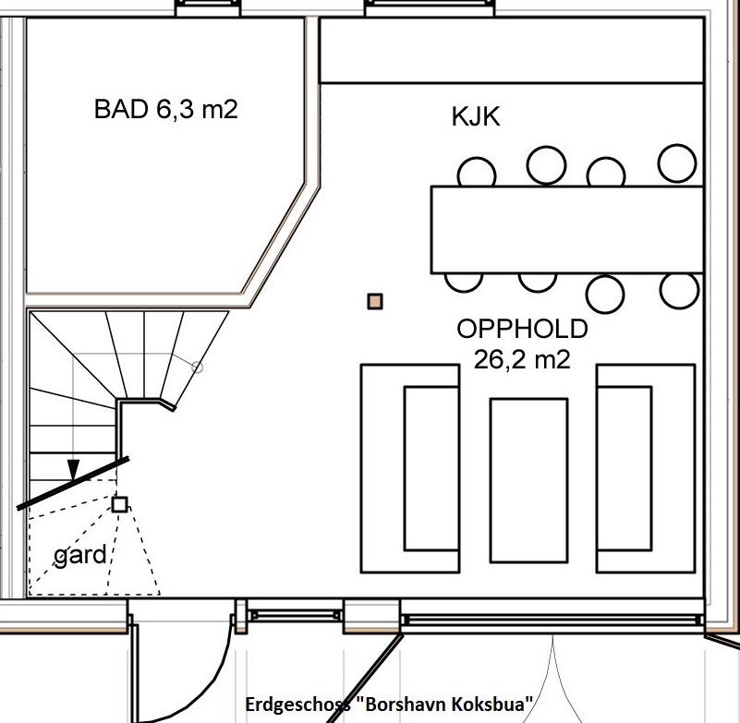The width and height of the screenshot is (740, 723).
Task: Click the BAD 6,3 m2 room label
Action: click(x=165, y=110)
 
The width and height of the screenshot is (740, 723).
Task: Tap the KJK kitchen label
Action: click(x=476, y=117)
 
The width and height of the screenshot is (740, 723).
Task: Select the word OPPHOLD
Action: click(x=522, y=330)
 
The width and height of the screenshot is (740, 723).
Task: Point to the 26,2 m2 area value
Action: click(x=522, y=360)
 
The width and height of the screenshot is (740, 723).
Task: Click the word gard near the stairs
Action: click(x=80, y=556)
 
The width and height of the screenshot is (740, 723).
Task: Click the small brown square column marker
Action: click(x=374, y=301)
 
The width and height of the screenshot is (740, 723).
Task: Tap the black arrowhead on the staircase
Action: click(x=74, y=468)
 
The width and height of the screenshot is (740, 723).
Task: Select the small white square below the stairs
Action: click(x=119, y=504)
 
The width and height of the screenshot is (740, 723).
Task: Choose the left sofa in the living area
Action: click(x=409, y=468)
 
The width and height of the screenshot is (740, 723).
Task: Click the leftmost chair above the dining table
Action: click(x=477, y=173)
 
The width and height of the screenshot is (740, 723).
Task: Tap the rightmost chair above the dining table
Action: click(x=677, y=163)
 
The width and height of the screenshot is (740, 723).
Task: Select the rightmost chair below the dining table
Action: click(x=679, y=289)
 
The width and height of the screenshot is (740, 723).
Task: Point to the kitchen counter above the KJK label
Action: click(x=511, y=50)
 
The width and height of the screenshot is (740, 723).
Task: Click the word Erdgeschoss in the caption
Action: click(x=297, y=705)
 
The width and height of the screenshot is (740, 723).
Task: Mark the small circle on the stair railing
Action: click(x=197, y=367)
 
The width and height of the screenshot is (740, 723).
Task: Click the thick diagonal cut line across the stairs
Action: click(x=72, y=482)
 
